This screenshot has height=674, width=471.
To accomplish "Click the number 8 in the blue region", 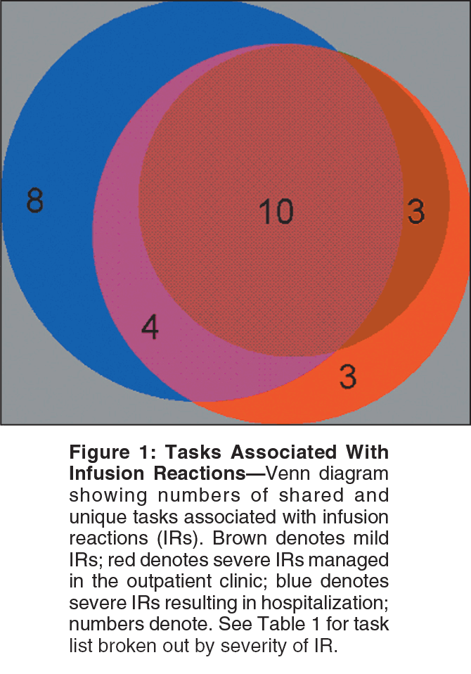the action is pyautogui.click(x=34, y=201).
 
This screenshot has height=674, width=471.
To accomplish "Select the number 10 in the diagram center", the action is pyautogui.click(x=276, y=211).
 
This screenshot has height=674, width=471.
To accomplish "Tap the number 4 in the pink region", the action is pyautogui.click(x=150, y=327).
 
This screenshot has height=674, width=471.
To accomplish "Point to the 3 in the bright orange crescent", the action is pyautogui.click(x=347, y=377).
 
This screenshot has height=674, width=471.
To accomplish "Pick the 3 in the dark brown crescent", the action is pyautogui.click(x=416, y=211).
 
